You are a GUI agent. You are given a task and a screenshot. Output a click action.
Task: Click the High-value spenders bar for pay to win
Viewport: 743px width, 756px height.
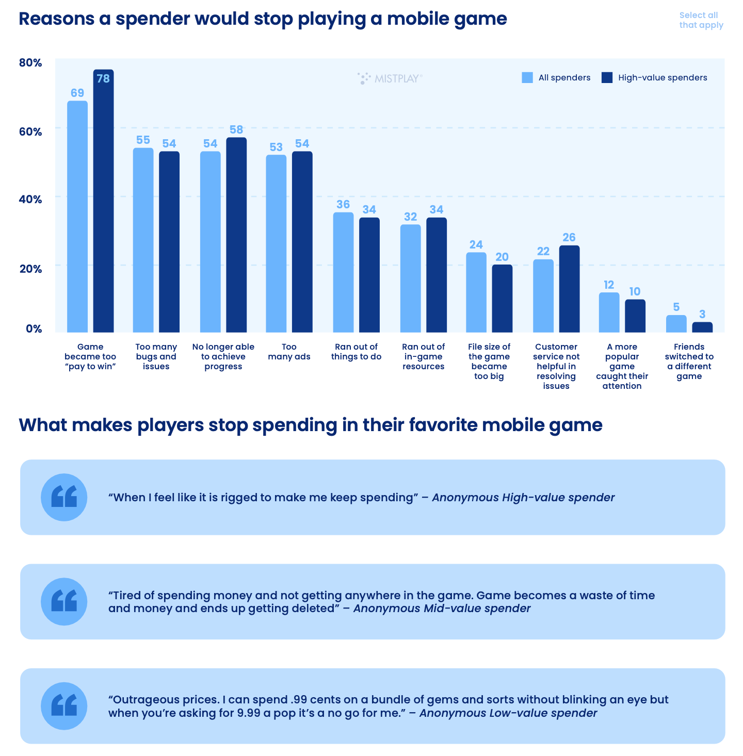coord(103,201)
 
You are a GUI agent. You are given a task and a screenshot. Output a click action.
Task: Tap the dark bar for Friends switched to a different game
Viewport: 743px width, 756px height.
coord(702,327)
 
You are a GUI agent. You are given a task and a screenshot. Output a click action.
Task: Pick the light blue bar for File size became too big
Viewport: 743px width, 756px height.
coord(476,292)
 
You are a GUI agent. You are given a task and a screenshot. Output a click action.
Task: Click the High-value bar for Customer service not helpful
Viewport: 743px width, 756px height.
coord(569,289)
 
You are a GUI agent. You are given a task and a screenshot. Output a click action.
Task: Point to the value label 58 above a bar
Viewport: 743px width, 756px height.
coord(236,130)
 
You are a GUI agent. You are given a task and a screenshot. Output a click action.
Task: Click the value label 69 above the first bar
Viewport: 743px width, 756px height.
coord(77,93)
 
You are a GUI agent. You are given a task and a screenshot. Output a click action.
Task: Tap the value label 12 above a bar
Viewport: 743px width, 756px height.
coord(609,285)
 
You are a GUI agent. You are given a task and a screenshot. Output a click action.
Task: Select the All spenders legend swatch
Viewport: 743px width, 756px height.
coord(527,78)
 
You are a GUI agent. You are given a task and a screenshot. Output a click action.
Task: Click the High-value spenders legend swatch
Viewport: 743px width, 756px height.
coord(607,78)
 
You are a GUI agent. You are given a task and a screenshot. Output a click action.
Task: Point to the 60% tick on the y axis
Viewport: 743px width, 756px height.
coord(30,132)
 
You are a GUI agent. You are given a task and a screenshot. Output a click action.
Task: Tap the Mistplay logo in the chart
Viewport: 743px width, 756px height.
coord(390,78)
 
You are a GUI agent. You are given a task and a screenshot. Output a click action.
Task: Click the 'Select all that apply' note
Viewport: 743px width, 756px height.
coord(701,20)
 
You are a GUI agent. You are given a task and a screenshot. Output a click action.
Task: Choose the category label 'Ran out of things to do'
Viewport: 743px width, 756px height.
coord(356,352)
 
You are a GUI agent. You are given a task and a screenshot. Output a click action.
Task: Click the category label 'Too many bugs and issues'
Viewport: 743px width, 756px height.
coord(156,356)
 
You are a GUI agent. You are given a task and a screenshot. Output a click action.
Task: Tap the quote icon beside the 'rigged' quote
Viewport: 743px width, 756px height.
coord(64,497)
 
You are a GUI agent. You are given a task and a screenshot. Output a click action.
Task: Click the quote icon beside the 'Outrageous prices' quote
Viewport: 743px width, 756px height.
coord(64,706)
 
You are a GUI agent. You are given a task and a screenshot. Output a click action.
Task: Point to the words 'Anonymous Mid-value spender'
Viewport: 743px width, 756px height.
coord(442,609)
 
